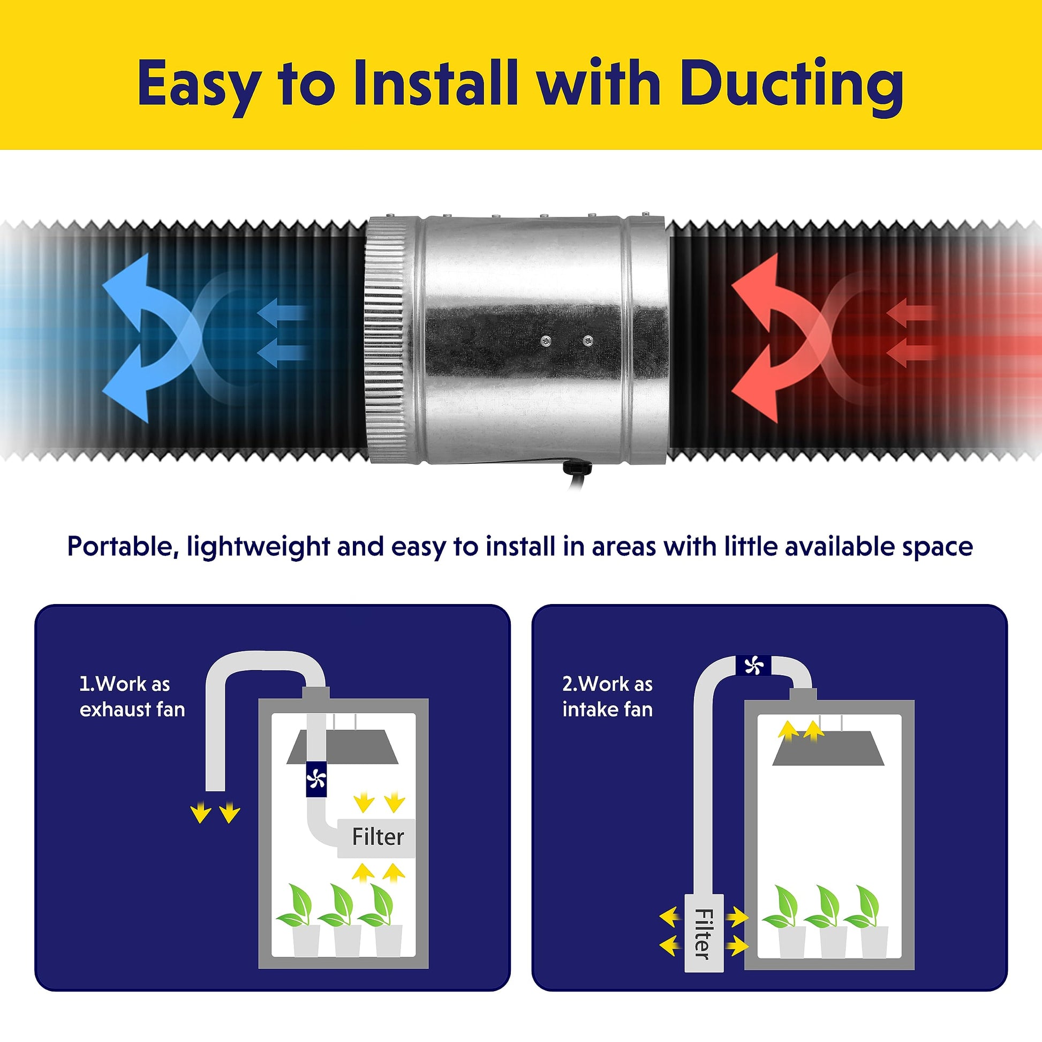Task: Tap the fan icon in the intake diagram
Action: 754,666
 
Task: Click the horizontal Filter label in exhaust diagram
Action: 377,837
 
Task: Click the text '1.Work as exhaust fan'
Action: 132,696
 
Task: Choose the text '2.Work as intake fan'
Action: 607,696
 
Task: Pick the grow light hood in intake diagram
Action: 828,748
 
